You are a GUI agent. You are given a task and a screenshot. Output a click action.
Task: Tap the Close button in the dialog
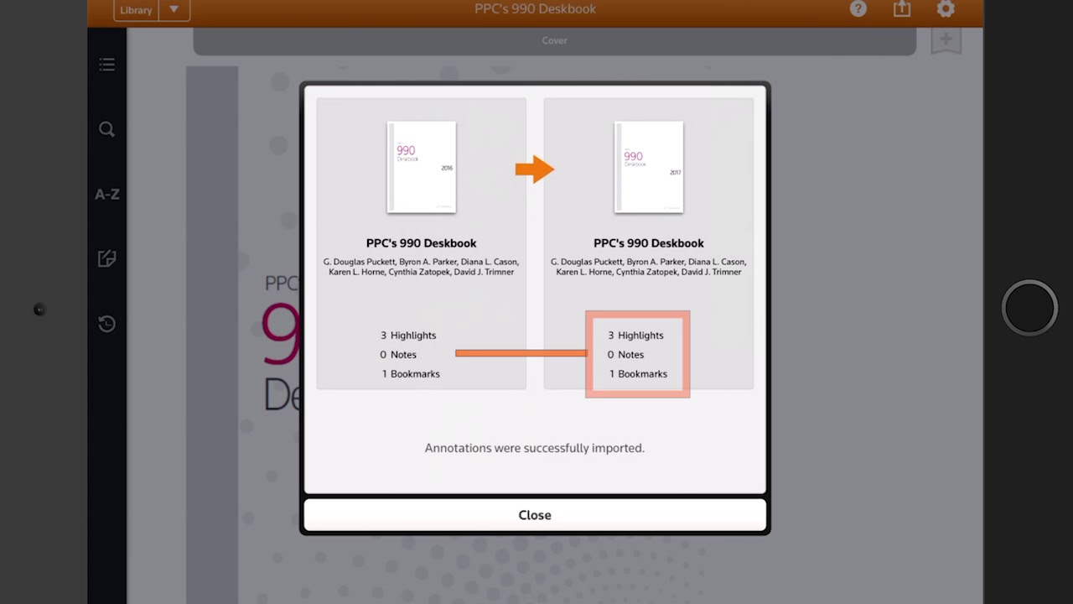point(535,515)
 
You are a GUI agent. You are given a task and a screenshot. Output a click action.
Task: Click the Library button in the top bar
point(135,10)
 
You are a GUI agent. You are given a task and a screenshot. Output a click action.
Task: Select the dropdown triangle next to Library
point(174,10)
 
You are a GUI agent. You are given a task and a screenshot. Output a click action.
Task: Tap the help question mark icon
point(858,9)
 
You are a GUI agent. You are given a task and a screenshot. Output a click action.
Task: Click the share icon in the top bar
point(902,9)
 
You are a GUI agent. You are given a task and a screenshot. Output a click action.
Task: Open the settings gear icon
point(946,9)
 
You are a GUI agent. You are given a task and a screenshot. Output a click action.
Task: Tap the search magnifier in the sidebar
point(106,129)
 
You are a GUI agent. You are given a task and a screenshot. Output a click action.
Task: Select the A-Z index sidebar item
point(106,194)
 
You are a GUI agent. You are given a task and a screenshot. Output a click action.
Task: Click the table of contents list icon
point(106,65)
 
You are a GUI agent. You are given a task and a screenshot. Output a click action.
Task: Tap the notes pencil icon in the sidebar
point(106,258)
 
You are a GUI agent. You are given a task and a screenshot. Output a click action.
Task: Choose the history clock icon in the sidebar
point(106,324)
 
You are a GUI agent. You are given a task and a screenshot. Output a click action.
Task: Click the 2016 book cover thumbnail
point(421,167)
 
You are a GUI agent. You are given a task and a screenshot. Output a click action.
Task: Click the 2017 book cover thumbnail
point(649,167)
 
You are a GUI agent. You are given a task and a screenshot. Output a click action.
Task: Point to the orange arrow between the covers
point(534,169)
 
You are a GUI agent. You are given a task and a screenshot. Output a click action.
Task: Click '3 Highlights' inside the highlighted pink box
point(636,336)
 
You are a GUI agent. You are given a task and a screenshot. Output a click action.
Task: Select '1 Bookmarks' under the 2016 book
point(411,374)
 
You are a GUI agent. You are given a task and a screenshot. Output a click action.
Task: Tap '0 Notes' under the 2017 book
point(626,355)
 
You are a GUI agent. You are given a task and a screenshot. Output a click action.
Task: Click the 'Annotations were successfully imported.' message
point(535,448)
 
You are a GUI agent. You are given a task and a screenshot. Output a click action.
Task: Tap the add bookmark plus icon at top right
point(946,40)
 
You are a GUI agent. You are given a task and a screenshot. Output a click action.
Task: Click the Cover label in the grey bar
point(554,40)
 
